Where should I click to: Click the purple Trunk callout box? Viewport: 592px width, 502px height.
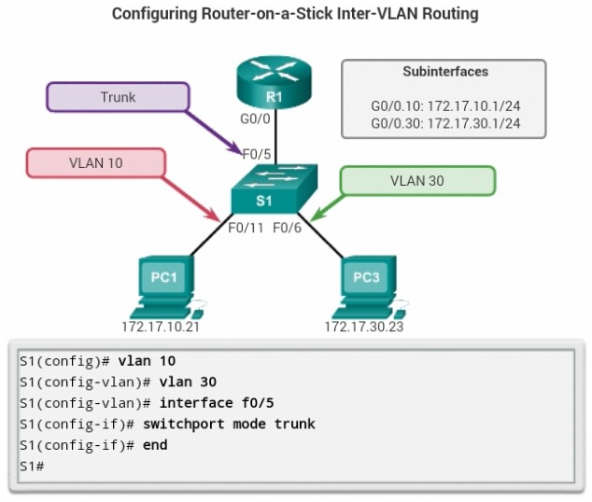click(118, 97)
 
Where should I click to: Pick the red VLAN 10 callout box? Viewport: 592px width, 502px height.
click(95, 162)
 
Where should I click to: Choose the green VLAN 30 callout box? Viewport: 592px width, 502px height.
click(416, 181)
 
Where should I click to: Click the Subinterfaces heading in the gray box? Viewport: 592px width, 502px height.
click(444, 72)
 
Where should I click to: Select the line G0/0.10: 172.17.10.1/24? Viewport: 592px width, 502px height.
click(444, 107)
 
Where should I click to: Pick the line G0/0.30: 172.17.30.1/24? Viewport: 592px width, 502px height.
click(444, 123)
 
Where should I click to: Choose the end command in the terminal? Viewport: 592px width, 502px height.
click(155, 445)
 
